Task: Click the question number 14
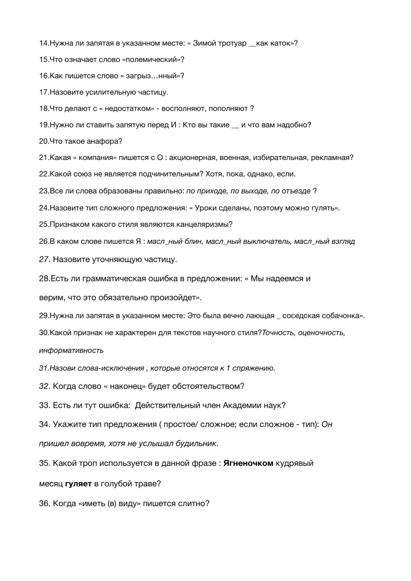[x=44, y=43]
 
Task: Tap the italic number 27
[x=44, y=260]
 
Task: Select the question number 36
[x=45, y=502]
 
